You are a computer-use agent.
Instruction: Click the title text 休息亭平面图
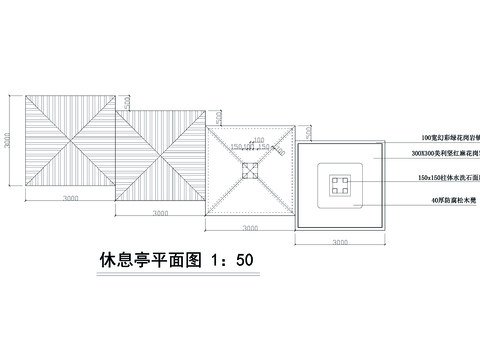[150, 260]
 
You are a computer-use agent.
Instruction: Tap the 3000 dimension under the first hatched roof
[68, 199]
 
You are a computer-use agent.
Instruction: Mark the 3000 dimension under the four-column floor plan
[340, 243]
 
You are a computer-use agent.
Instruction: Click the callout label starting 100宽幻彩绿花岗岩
[450, 136]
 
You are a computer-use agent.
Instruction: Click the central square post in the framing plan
[251, 170]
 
